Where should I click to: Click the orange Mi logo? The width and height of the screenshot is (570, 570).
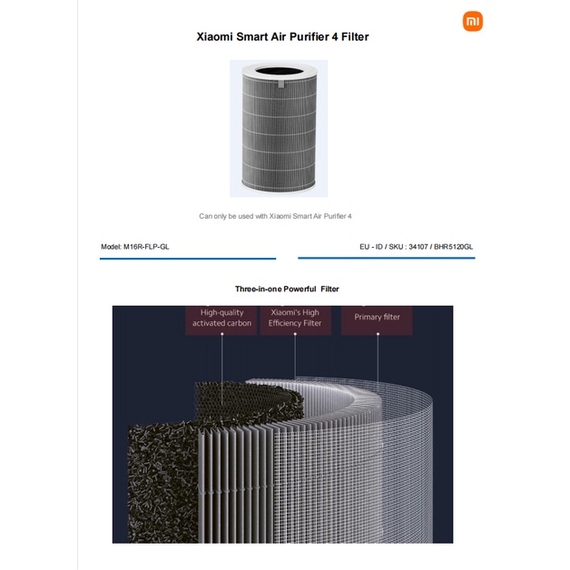click(x=473, y=21)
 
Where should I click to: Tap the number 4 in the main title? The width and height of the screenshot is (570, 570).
click(x=334, y=36)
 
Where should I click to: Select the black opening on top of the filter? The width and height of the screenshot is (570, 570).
click(x=280, y=71)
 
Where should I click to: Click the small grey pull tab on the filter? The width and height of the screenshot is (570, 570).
click(x=281, y=84)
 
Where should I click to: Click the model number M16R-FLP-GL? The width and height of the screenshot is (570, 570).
click(x=146, y=247)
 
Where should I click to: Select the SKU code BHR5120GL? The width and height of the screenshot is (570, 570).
click(x=453, y=247)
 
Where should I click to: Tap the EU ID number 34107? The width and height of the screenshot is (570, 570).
click(x=418, y=247)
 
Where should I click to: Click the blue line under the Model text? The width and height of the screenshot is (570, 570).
click(x=188, y=259)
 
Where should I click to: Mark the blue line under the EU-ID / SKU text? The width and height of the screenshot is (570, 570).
click(x=387, y=258)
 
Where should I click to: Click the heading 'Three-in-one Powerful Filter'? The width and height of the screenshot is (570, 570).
click(x=287, y=289)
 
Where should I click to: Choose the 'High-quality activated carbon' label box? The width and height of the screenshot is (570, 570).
click(x=221, y=319)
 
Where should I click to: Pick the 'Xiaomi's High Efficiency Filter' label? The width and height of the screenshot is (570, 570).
click(x=295, y=319)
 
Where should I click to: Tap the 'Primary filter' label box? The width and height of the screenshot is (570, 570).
click(x=377, y=319)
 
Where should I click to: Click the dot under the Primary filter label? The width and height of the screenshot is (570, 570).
click(x=378, y=334)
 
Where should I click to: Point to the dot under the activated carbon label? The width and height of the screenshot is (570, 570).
click(x=222, y=334)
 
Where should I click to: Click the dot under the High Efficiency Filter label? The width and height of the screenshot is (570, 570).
click(x=295, y=334)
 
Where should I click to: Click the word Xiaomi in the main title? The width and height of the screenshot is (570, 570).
click(x=214, y=36)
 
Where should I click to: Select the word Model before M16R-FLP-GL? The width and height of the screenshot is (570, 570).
click(x=111, y=247)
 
